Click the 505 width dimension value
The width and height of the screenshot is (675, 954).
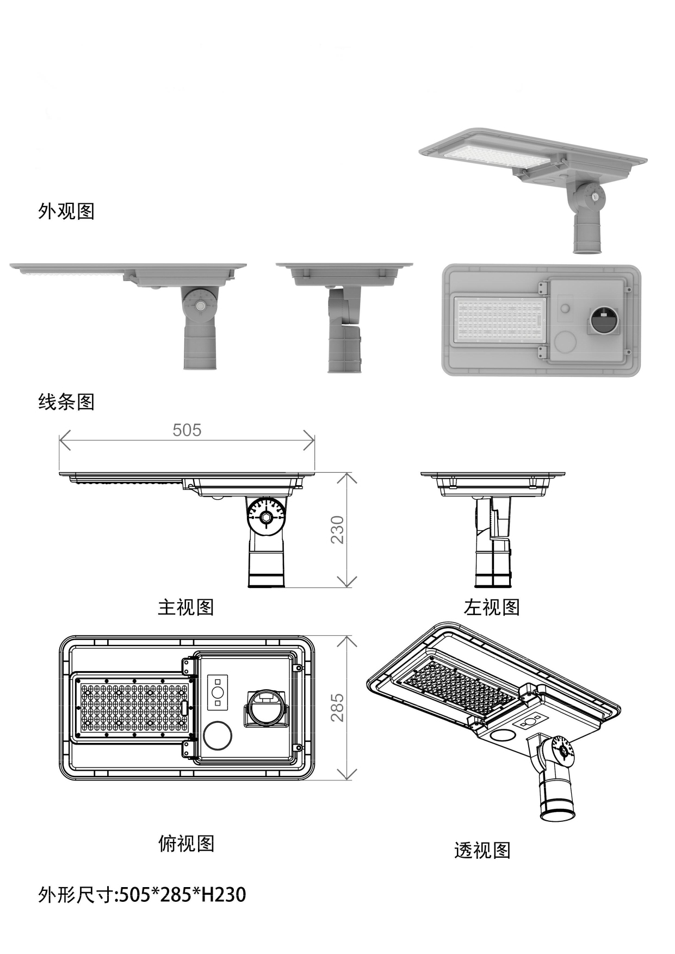187,430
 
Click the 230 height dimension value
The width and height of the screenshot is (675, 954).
338,529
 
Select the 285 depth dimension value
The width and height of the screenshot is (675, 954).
338,707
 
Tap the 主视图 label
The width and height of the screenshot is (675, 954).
185,607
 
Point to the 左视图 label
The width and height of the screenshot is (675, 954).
492,607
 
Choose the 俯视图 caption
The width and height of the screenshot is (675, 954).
186,844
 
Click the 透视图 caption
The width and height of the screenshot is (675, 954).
482,850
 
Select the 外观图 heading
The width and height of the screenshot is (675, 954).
66,211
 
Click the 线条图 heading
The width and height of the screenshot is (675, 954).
66,402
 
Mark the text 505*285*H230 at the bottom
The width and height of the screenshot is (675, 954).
182,894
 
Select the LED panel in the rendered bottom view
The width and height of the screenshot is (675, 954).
499,320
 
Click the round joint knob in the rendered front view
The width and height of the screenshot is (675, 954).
201,306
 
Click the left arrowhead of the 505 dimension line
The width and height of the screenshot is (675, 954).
62,440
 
